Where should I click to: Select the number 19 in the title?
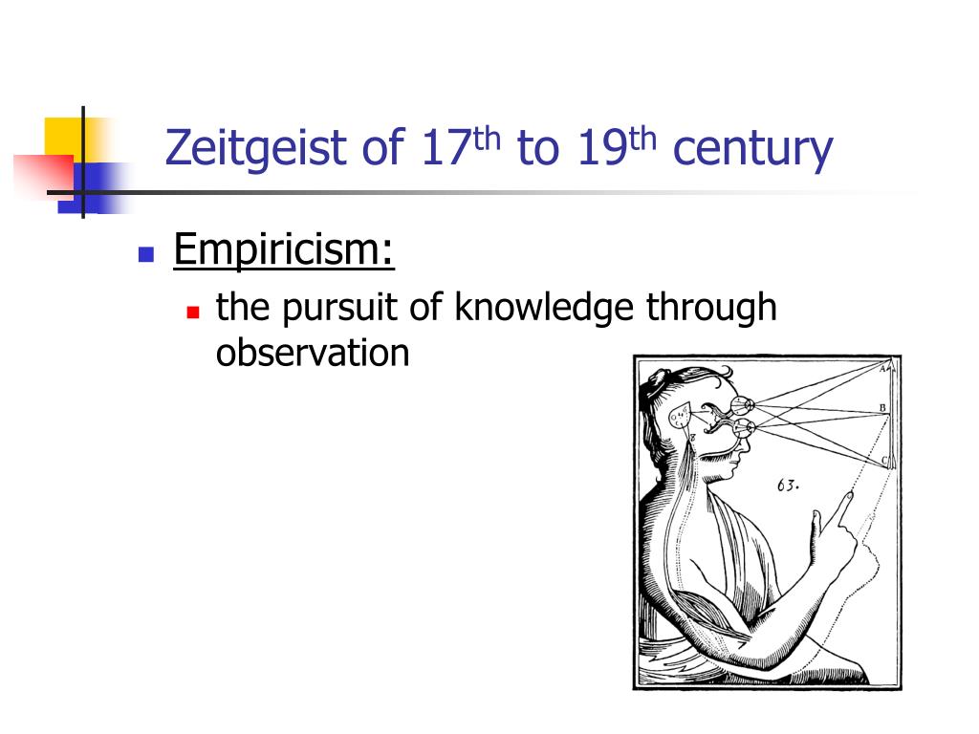pyautogui.click(x=599, y=150)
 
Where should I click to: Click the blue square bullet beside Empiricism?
pyautogui.click(x=146, y=254)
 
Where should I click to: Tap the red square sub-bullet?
pyautogui.click(x=193, y=312)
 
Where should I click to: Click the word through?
pyautogui.click(x=711, y=308)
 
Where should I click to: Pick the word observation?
pyautogui.click(x=313, y=353)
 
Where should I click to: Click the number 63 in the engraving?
pyautogui.click(x=787, y=486)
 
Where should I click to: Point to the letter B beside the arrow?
pyautogui.click(x=882, y=408)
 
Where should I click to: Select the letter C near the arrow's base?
pyautogui.click(x=885, y=462)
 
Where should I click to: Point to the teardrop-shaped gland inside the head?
pyautogui.click(x=679, y=417)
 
